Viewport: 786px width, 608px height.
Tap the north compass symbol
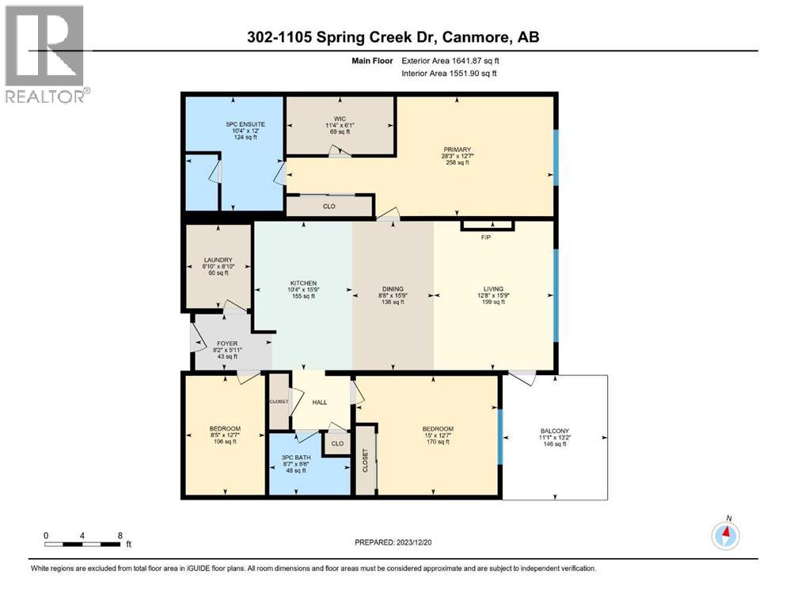coord(725,534)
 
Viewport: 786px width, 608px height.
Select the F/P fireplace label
coord(486,237)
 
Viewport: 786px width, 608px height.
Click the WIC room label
coord(340,119)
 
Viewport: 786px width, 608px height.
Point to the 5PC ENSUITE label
coord(245,124)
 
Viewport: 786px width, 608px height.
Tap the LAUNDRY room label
coord(218,260)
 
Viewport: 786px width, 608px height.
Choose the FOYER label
coord(228,344)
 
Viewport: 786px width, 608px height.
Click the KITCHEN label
coord(304,283)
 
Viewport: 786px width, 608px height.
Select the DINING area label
coord(393,289)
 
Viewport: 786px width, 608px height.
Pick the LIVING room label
coord(493,289)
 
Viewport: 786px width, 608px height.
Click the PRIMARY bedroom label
coord(458,150)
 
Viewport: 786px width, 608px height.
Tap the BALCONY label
coord(555,431)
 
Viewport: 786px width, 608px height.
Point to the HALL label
coord(320,402)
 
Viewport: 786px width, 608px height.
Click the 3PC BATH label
coord(296,457)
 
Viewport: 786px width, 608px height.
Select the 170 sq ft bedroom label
coord(438,435)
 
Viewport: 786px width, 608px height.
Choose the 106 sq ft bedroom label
coord(225,435)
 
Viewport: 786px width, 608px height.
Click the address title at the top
coord(393,36)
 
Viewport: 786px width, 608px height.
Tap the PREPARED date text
coord(393,542)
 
